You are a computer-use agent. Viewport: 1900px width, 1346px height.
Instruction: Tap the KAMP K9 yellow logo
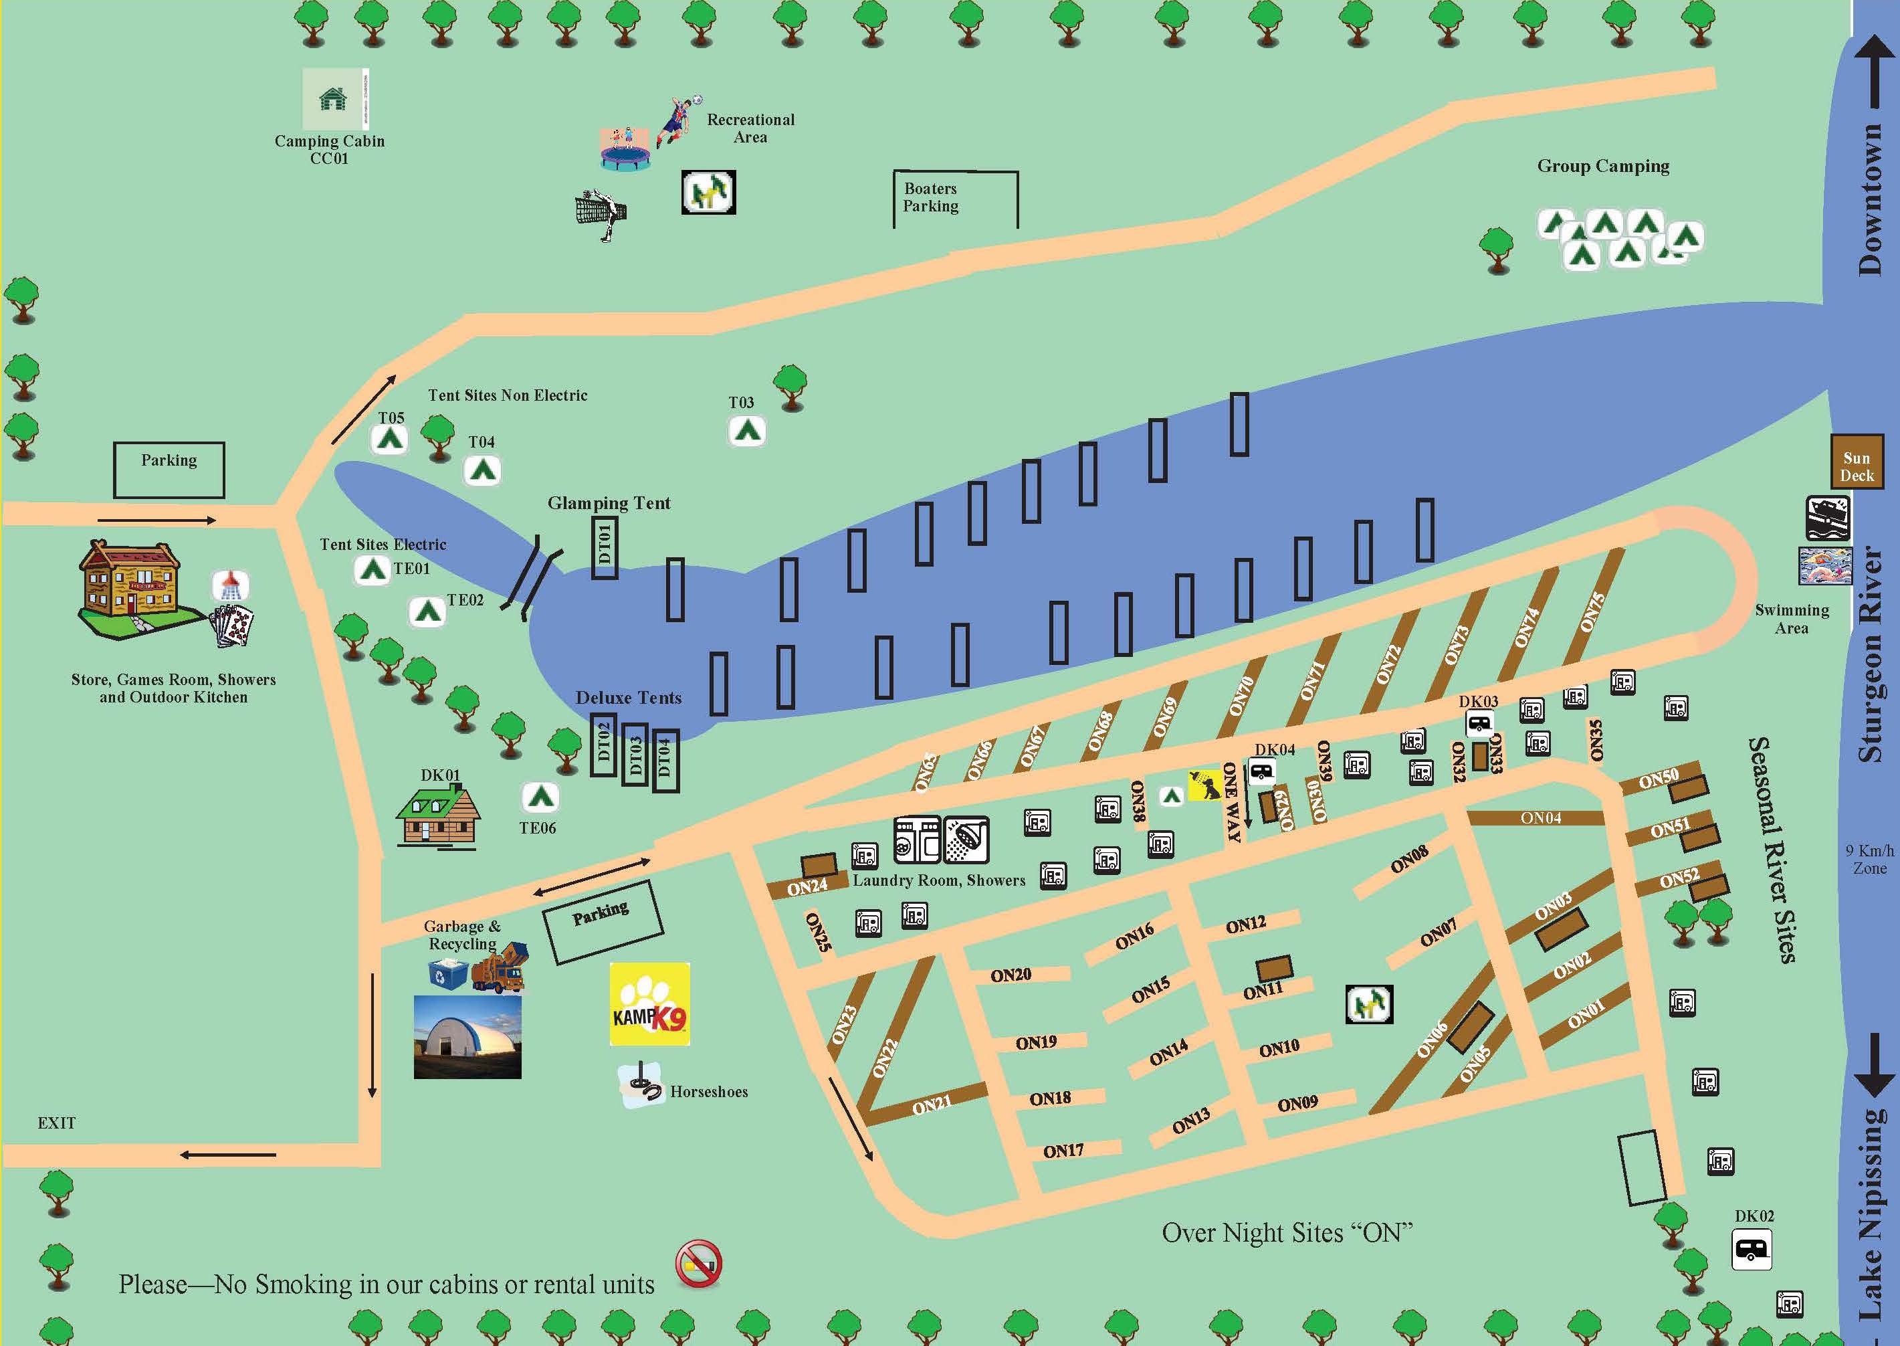coord(649,1003)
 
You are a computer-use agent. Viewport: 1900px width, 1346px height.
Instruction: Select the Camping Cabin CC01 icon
coord(335,98)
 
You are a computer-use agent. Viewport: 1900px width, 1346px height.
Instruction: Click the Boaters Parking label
coord(930,197)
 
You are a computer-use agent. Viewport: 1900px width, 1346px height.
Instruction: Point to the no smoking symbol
coord(698,1264)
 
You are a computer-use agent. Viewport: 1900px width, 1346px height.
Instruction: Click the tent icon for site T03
coord(746,431)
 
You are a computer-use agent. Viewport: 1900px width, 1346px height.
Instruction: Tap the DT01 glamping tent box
coord(604,547)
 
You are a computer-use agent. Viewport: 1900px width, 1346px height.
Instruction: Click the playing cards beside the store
coord(233,625)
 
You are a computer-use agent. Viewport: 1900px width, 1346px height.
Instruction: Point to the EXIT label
coord(56,1123)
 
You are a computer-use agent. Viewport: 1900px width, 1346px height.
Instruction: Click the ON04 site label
coord(1540,818)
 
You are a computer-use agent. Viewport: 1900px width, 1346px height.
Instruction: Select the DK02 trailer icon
coord(1752,1249)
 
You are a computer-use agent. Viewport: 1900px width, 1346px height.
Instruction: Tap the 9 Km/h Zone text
coord(1869,860)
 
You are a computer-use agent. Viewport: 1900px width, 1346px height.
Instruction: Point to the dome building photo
coord(467,1037)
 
